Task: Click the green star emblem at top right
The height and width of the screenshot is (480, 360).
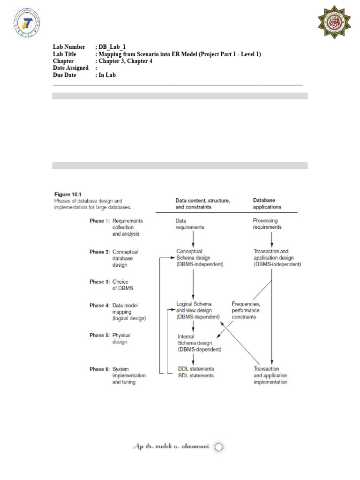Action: pyautogui.click(x=333, y=22)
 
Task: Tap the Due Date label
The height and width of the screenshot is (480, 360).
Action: pyautogui.click(x=65, y=75)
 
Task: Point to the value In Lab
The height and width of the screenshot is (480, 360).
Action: pyautogui.click(x=107, y=75)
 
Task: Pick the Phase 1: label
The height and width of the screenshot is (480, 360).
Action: pyautogui.click(x=99, y=220)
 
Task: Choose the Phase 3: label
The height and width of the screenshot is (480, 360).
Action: pyautogui.click(x=99, y=282)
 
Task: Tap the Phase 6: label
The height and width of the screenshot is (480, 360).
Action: pyautogui.click(x=99, y=369)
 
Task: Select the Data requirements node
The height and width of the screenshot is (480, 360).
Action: pyautogui.click(x=189, y=224)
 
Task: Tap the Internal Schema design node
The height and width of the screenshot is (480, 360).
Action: pyautogui.click(x=199, y=343)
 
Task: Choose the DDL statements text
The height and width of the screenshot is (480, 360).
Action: pyautogui.click(x=196, y=369)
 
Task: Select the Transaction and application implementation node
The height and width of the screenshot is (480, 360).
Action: pyautogui.click(x=270, y=375)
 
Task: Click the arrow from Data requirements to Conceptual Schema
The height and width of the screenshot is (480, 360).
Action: pyautogui.click(x=194, y=239)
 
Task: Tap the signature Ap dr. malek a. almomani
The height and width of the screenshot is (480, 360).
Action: pyautogui.click(x=171, y=447)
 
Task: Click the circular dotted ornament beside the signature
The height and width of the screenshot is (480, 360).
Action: pyautogui.click(x=219, y=447)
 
